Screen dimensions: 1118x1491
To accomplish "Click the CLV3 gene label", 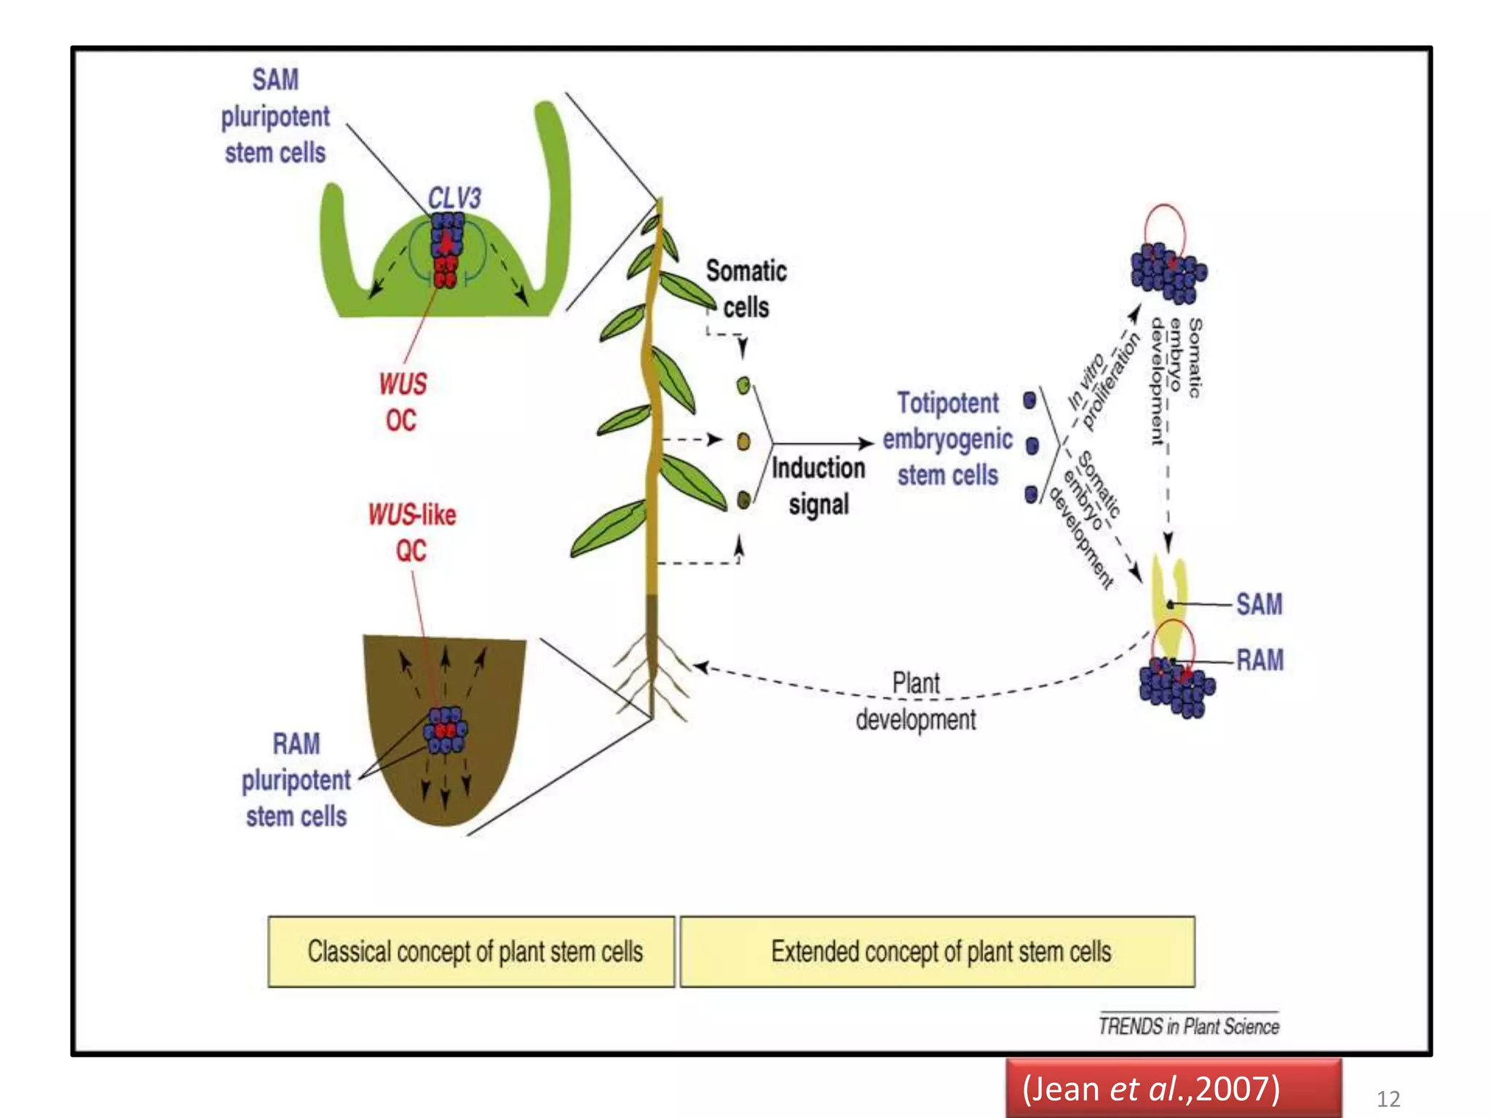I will coord(454,198).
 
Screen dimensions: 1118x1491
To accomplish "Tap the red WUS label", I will coord(403,384).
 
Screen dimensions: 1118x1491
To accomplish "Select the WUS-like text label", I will coord(412,515).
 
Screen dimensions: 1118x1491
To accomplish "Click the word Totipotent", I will coord(947,403).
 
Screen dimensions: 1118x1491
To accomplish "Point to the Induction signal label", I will coord(818,485).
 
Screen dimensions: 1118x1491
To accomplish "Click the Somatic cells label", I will coord(746,289).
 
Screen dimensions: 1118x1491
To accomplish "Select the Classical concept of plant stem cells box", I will coord(472,951).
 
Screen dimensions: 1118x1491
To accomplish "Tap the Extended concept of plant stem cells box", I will coord(938,951).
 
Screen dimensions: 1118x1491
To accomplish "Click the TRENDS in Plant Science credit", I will coord(1188,1026).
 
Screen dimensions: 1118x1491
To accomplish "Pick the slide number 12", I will coord(1388,1098).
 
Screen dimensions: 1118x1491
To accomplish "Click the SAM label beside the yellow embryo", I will coord(1259,604).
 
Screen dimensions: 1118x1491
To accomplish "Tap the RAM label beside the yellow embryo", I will coord(1259,660).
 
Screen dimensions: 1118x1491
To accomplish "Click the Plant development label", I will coord(916,701).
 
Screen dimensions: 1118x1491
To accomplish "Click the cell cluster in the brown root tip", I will coord(445,730).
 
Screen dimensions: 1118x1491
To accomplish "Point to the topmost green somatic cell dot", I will coord(743,385).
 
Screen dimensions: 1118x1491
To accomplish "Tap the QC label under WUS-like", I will coord(411,551).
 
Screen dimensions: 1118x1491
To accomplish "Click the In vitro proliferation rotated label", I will coord(1104,381).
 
